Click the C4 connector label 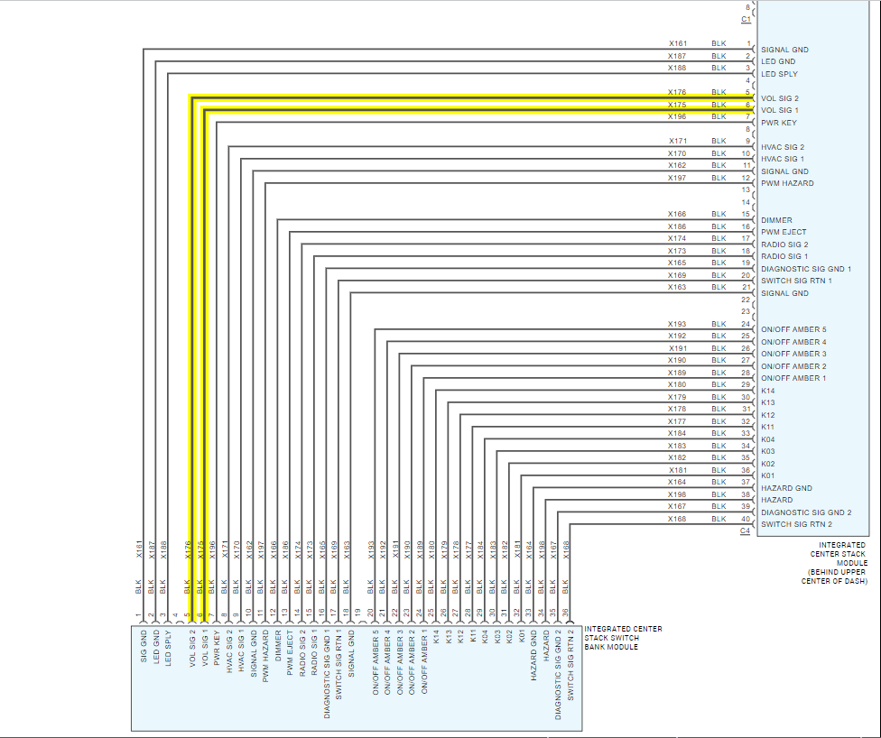[x=746, y=530]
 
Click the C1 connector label [x=746, y=18]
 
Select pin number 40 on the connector [x=746, y=519]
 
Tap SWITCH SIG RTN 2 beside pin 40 [x=796, y=524]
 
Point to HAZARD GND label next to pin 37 [x=786, y=488]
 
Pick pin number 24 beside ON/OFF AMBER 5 [x=746, y=324]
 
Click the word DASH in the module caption [x=855, y=581]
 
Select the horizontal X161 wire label [x=677, y=43]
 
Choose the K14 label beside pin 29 [x=768, y=391]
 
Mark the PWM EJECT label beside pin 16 [x=784, y=233]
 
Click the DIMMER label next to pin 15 [x=776, y=220]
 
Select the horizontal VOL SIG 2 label [x=779, y=98]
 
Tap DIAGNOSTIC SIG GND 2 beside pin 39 [x=806, y=512]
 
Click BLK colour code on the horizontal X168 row [x=719, y=519]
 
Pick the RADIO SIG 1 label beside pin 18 [x=784, y=256]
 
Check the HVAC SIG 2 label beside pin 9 [x=782, y=147]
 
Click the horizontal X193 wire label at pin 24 [x=677, y=324]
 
